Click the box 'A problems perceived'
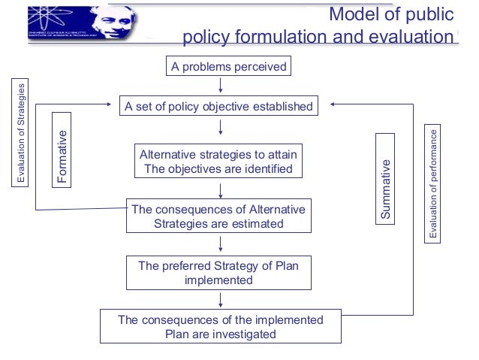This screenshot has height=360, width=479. [228, 67]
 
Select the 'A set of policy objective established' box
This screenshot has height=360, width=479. [218, 107]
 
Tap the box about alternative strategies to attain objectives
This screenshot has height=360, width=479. [218, 162]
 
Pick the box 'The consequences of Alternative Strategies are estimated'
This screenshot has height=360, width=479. [218, 216]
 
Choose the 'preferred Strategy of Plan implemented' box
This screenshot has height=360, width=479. [218, 273]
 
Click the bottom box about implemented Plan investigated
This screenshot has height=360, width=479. [221, 327]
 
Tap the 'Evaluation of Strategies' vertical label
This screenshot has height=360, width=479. [22, 134]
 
